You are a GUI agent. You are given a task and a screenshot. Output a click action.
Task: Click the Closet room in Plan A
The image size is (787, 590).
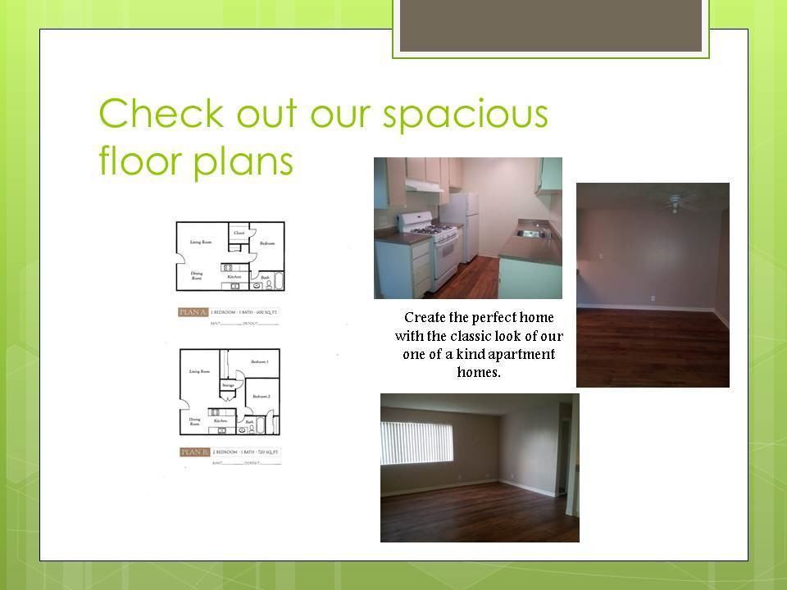[x=239, y=233]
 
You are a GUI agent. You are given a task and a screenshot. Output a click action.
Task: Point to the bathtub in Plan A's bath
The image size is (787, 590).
[x=278, y=283]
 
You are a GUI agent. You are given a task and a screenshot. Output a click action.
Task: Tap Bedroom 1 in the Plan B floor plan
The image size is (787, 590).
[x=260, y=361]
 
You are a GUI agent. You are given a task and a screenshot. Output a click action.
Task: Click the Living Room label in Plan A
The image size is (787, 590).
[x=202, y=243]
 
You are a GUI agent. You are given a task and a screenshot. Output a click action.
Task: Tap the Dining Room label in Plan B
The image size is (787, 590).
[x=195, y=421]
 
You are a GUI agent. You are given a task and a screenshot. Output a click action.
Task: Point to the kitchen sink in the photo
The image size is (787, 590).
[x=530, y=234]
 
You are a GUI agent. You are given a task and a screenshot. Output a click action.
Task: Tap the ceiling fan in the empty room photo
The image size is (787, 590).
[x=676, y=202]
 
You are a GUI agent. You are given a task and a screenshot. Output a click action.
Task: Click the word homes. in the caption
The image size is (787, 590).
[x=478, y=371]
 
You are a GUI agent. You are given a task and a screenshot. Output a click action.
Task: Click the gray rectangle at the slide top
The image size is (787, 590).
[x=550, y=25]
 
